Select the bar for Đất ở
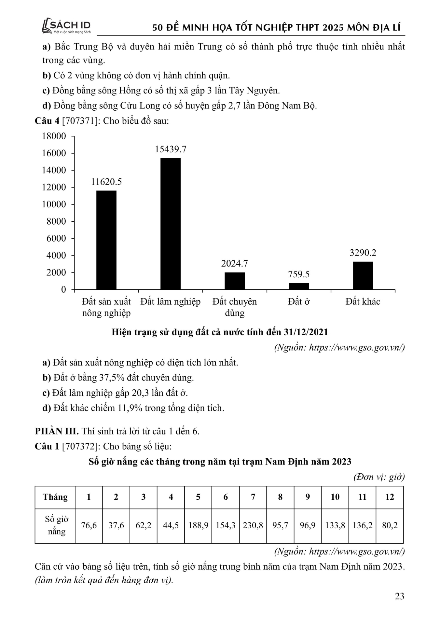(299, 286)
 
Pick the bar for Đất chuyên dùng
(235, 281)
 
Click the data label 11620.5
(106, 182)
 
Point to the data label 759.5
(299, 274)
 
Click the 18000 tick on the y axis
(54, 136)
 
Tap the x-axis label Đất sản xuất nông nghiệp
(106, 307)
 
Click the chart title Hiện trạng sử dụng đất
(220, 332)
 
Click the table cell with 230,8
(253, 525)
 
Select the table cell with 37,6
(116, 525)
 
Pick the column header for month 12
(390, 497)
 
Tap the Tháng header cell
(55, 497)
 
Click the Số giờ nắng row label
(57, 525)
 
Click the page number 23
(399, 596)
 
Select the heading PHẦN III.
(57, 431)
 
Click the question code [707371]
(81, 121)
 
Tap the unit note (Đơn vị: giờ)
(379, 477)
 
